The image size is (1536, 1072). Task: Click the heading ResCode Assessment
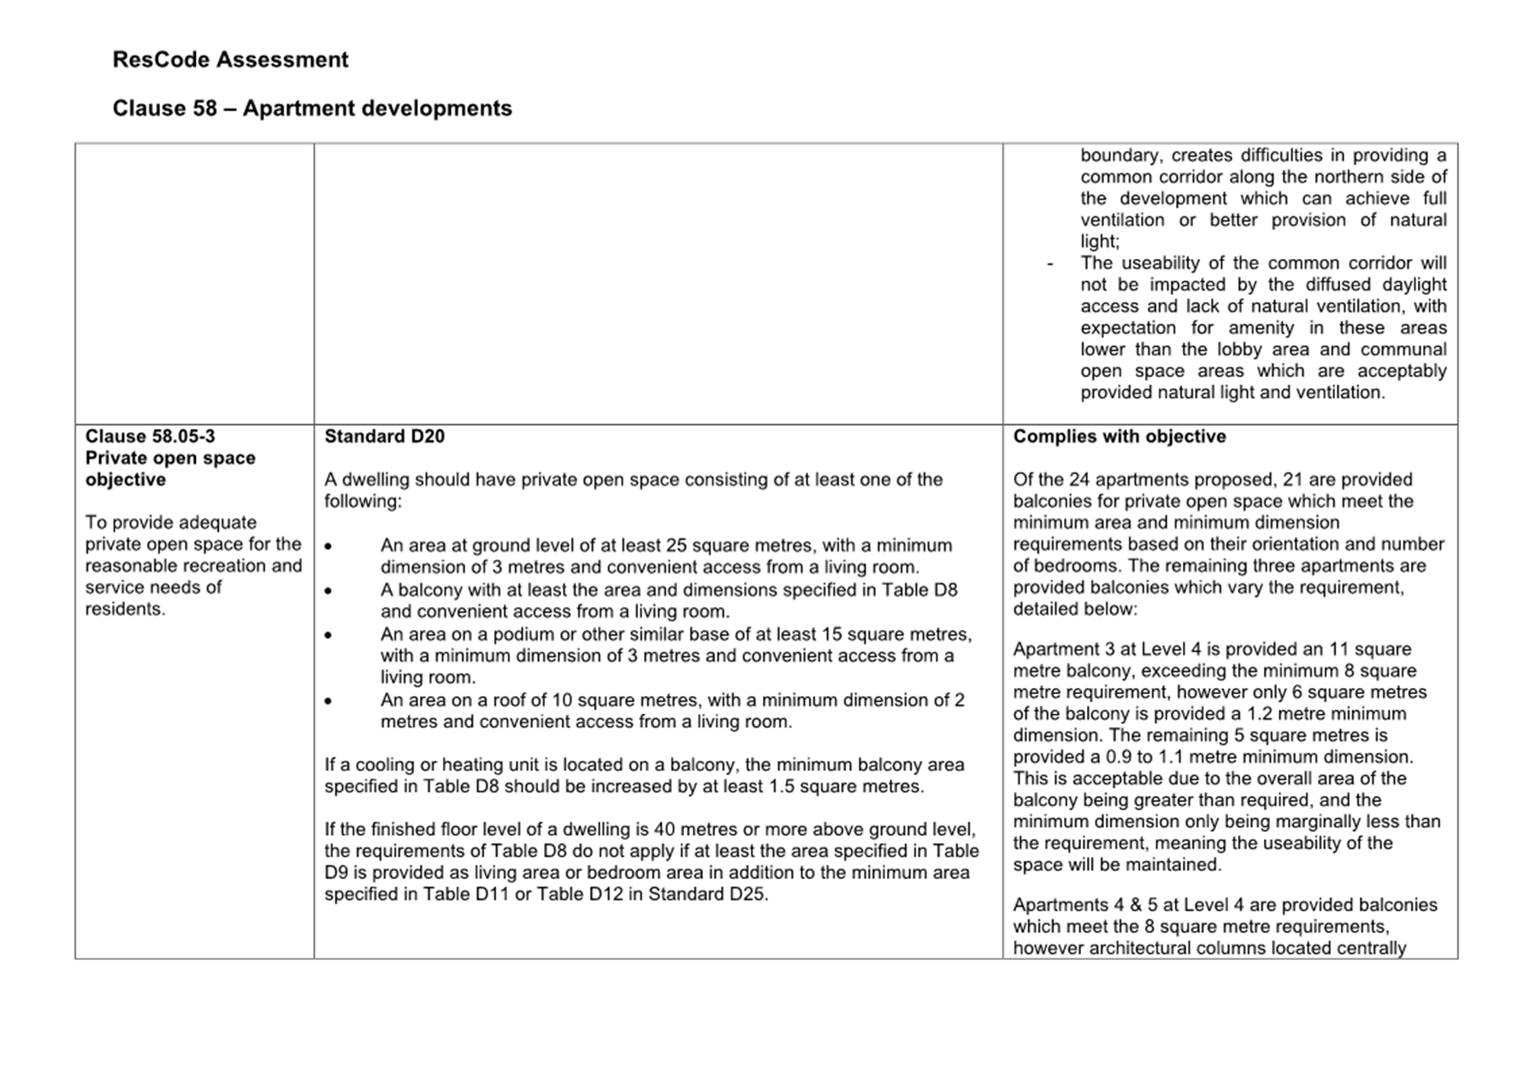[x=230, y=60]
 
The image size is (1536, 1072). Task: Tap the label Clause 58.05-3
[x=150, y=437]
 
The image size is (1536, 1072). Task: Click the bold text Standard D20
[x=384, y=437]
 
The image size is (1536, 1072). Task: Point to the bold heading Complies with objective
[x=1119, y=437]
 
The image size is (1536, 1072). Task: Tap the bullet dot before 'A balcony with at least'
[x=328, y=592]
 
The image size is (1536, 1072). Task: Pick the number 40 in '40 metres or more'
[x=666, y=830]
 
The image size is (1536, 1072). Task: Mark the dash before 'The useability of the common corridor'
[x=1050, y=264]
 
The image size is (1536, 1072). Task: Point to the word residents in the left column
[x=123, y=610]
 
